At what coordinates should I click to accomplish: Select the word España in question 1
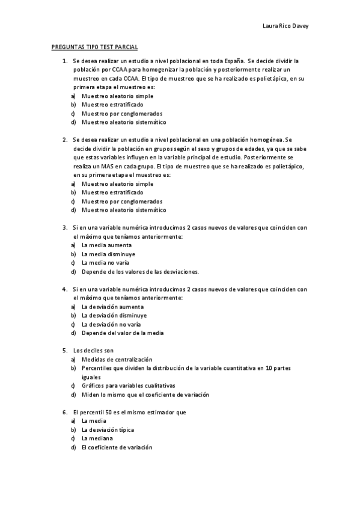pyautogui.click(x=231, y=61)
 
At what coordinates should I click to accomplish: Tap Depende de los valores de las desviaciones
pyautogui.click(x=140, y=272)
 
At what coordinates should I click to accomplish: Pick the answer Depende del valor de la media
pyautogui.click(x=123, y=333)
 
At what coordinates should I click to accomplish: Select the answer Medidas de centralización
pyautogui.click(x=117, y=359)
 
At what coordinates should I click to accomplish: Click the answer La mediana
pyautogui.click(x=97, y=438)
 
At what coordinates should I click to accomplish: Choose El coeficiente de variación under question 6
pyautogui.click(x=117, y=447)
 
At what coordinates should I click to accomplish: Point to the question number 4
pyautogui.click(x=64, y=289)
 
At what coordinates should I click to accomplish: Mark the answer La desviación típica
pyautogui.click(x=108, y=430)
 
